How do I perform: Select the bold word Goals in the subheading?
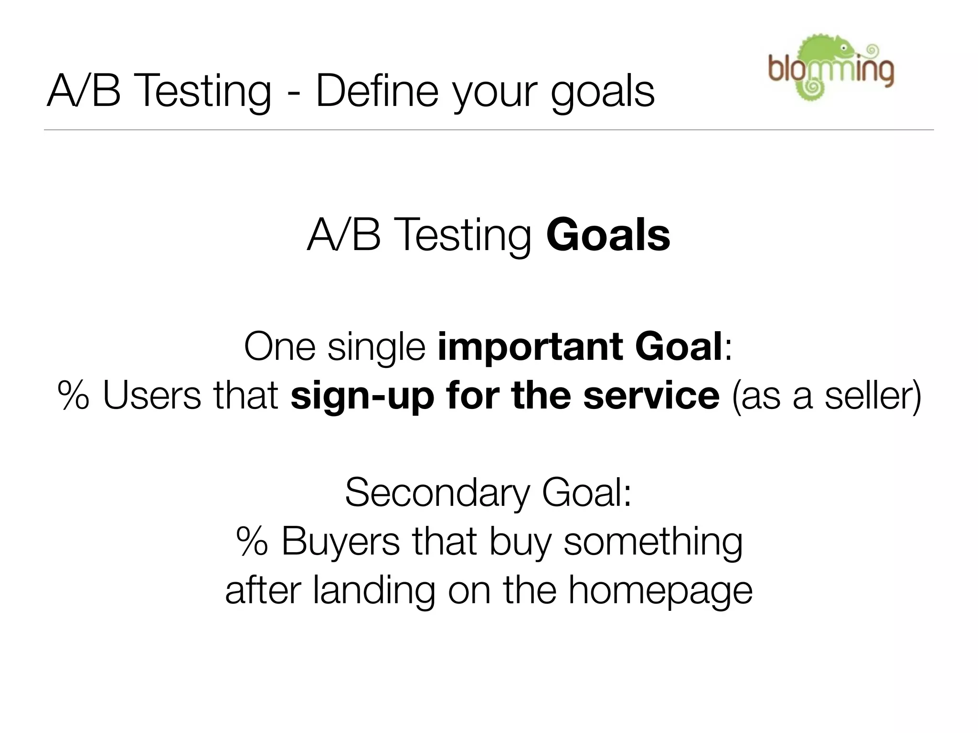pyautogui.click(x=608, y=235)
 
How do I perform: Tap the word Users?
pyautogui.click(x=152, y=396)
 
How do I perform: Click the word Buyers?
pyautogui.click(x=340, y=542)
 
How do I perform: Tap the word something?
pyautogui.click(x=653, y=543)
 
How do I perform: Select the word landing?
pyautogui.click(x=374, y=592)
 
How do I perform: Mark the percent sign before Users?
pyautogui.click(x=73, y=396)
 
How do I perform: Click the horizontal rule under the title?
pyautogui.click(x=489, y=130)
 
